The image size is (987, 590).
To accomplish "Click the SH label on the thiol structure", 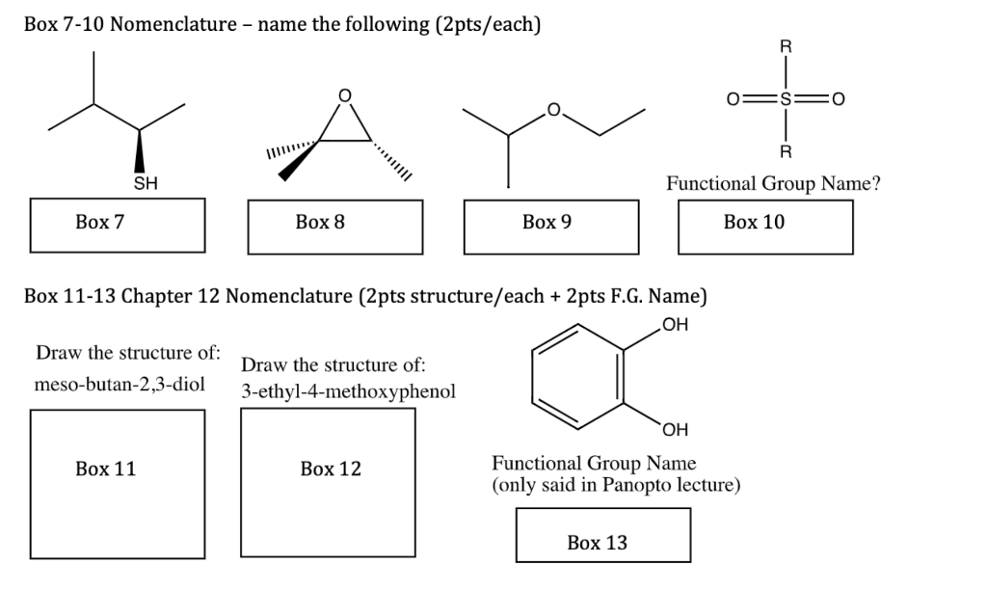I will [145, 182].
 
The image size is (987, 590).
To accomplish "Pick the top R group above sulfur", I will [787, 46].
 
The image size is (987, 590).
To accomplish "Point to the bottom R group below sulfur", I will [787, 151].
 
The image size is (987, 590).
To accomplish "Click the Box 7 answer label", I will [100, 223].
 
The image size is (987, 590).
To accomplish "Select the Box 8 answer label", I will [320, 223].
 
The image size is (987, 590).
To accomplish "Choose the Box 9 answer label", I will [547, 223].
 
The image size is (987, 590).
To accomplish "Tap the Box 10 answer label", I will [754, 223].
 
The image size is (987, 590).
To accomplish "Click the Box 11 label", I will [105, 469].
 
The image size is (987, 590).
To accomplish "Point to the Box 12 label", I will [331, 469].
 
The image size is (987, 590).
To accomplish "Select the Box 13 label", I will [597, 543].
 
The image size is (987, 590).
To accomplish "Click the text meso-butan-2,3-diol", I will [120, 385].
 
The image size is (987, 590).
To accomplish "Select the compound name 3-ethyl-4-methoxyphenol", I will [348, 392].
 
